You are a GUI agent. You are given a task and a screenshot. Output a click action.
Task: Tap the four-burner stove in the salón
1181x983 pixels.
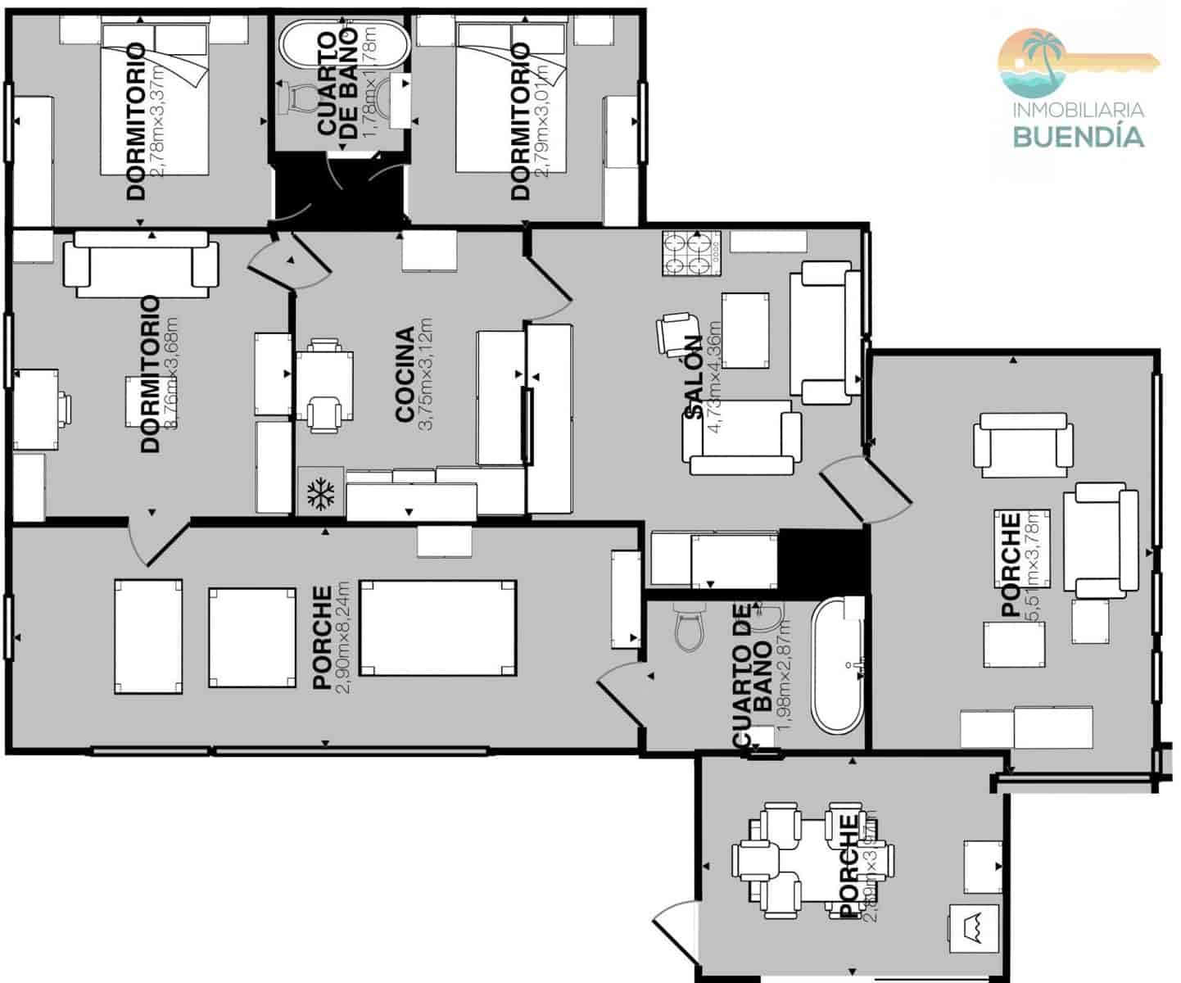coord(690,254)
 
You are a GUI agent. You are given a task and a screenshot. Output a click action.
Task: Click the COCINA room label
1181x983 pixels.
coord(405,375)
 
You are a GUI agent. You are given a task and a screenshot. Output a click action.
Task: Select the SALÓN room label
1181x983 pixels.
coord(693,378)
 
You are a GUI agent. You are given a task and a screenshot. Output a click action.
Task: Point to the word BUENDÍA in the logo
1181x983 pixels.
coord(1078,136)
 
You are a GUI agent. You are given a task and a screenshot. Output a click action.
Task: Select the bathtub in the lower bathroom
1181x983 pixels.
coord(838,665)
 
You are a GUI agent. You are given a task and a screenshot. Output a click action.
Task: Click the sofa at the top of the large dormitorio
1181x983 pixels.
coord(141,263)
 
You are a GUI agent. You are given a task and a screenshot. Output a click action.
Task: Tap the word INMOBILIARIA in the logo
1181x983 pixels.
coord(1078,110)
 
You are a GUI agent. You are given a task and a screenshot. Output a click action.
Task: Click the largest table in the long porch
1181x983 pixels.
coord(438,628)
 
